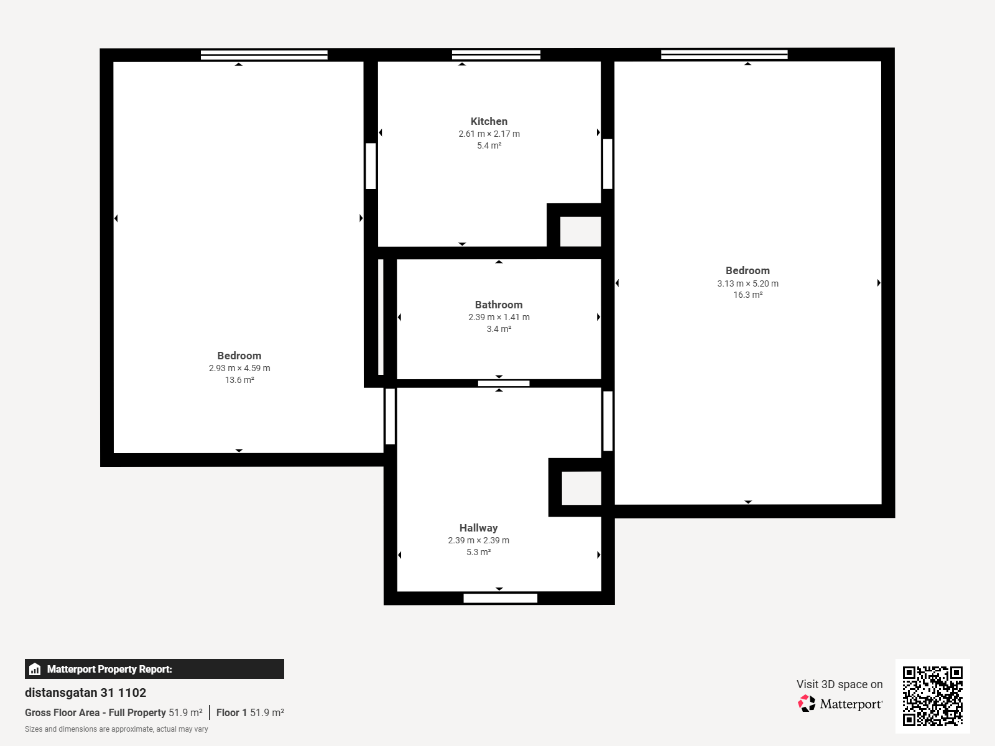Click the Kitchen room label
click(489, 121)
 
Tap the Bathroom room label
click(499, 305)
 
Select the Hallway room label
click(478, 528)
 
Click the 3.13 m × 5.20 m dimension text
click(747, 283)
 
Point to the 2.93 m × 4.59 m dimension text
click(239, 368)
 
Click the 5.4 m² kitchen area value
click(489, 145)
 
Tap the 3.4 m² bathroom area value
click(499, 329)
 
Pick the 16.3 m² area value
click(747, 295)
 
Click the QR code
click(932, 696)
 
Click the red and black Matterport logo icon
click(807, 704)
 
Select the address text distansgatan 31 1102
click(85, 693)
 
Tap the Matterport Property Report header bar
click(154, 669)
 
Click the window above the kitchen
click(496, 55)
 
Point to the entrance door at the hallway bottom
click(500, 598)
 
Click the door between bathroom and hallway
click(504, 384)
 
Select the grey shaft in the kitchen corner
click(580, 231)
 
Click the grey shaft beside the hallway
click(581, 488)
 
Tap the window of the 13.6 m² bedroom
click(264, 55)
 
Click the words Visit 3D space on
click(840, 684)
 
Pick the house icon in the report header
click(35, 669)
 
